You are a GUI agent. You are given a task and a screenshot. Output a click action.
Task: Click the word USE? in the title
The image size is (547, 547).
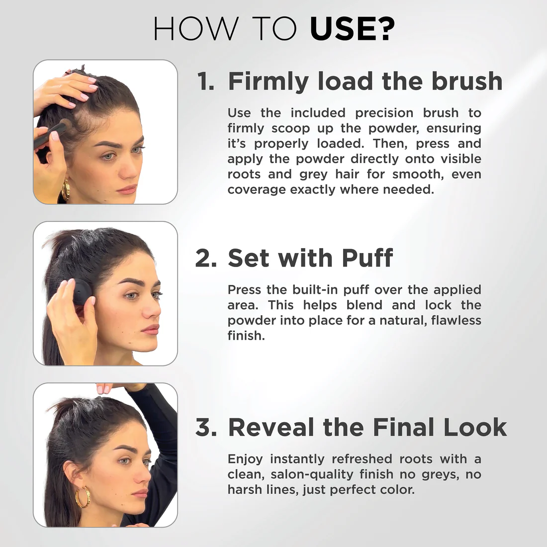click(352, 29)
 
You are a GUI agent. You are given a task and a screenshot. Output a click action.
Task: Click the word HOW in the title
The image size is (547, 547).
click(195, 29)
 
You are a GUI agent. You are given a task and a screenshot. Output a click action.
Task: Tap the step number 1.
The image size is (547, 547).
click(205, 82)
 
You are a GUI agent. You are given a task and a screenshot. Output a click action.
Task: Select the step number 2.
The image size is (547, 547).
click(206, 259)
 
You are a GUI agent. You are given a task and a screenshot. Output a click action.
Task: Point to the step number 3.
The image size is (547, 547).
click(206, 428)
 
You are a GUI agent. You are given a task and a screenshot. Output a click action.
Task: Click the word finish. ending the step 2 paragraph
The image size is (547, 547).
click(246, 336)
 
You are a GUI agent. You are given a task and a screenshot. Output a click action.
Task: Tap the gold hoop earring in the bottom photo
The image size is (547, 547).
click(83, 497)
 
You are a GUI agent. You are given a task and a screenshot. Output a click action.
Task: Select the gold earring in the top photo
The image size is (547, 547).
click(66, 189)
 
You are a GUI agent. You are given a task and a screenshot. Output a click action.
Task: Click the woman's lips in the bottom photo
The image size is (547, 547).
click(141, 493)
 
